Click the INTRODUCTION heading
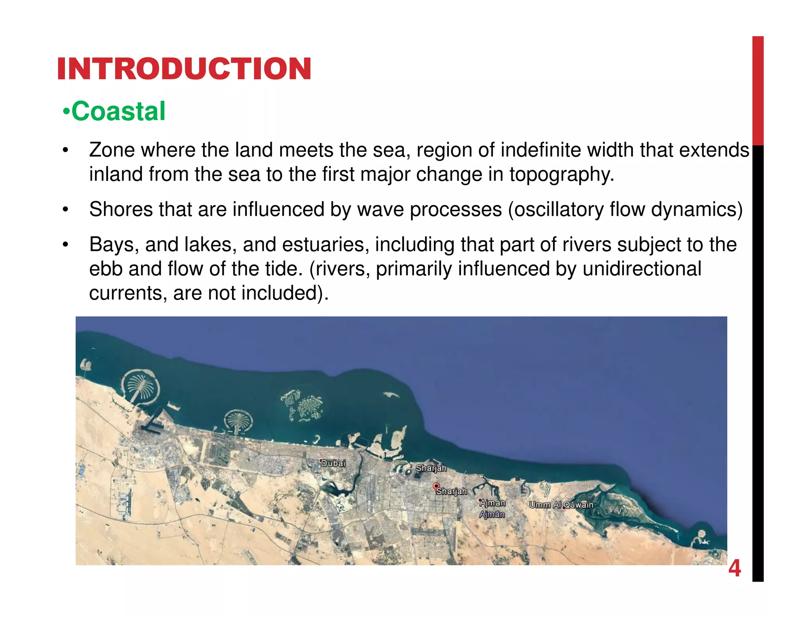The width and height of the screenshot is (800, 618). [x=184, y=69]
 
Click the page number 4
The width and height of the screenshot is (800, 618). [x=734, y=568]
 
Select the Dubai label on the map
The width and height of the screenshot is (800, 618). [x=333, y=463]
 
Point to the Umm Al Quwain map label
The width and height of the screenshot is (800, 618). [x=561, y=505]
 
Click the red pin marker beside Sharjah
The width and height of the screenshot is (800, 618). [x=436, y=486]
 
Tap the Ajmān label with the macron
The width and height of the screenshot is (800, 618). [x=492, y=514]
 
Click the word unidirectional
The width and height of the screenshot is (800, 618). [x=642, y=269]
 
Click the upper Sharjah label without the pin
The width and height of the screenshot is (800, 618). [x=430, y=468]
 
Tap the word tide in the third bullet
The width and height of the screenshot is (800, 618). [x=286, y=269]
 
